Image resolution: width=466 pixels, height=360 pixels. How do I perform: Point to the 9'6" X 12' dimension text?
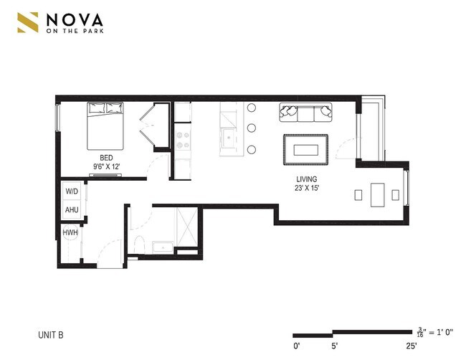(x=107, y=166)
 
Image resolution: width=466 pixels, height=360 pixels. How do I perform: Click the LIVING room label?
(x=306, y=179)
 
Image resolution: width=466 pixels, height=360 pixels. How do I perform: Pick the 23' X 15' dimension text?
(x=306, y=189)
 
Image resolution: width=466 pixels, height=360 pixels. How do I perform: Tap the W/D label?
(x=72, y=192)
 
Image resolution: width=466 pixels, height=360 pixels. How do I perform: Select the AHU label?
(x=72, y=210)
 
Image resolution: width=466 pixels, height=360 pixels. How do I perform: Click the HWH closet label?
(x=70, y=233)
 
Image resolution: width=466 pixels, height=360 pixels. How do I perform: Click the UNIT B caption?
(x=53, y=334)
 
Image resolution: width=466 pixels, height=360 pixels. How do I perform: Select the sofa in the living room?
(x=306, y=113)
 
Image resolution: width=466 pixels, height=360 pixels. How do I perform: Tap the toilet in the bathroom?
(x=140, y=245)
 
